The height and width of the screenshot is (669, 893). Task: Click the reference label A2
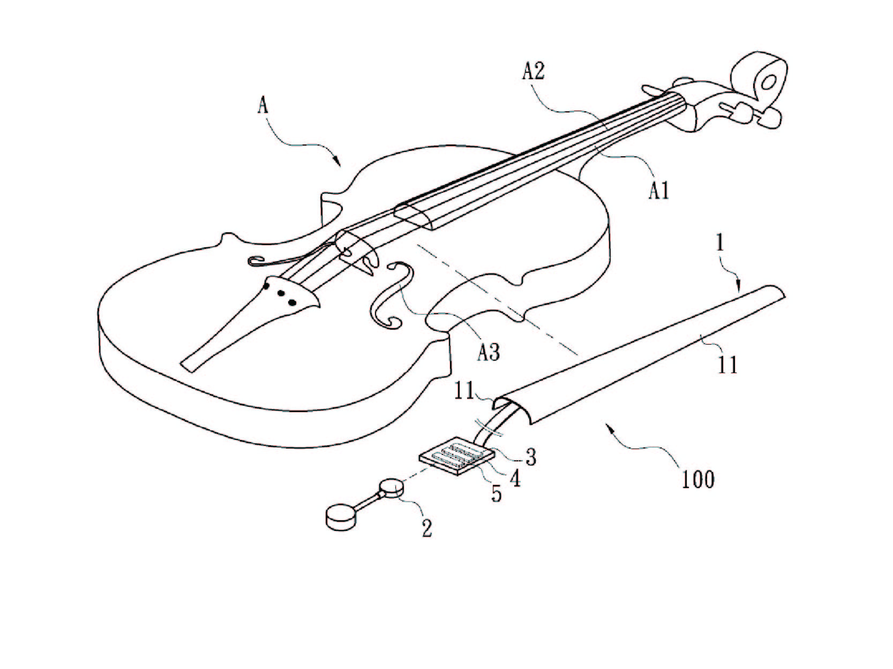(x=534, y=71)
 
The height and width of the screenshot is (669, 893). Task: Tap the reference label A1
(x=658, y=189)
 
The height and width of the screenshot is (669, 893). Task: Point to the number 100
(x=697, y=480)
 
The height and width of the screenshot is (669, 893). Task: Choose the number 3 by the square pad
(x=530, y=457)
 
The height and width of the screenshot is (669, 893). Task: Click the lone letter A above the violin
(x=263, y=105)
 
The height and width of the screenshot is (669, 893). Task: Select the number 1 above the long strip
(x=719, y=244)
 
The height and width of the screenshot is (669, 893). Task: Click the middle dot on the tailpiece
(x=279, y=294)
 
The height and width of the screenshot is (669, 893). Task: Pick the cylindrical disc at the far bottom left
(x=340, y=518)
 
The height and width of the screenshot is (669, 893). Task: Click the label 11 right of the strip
(x=727, y=364)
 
